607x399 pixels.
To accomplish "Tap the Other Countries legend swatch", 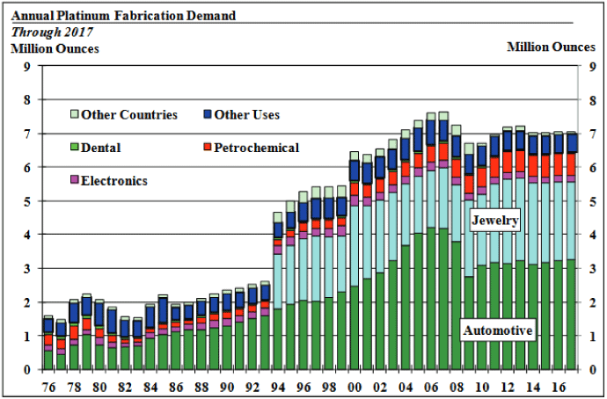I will [x=75, y=114].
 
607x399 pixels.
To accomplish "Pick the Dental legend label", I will [x=102, y=149].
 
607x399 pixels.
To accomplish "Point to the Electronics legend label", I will [x=113, y=181].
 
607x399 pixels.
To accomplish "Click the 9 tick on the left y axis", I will [x=27, y=67].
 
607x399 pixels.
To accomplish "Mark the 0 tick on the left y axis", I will [x=27, y=370].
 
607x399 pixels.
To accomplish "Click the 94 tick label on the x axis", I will [x=278, y=387].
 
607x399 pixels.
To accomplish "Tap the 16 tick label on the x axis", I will [x=556, y=387].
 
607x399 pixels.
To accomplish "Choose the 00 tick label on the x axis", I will [x=354, y=387].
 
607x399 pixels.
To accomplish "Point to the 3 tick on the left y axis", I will [x=27, y=269].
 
